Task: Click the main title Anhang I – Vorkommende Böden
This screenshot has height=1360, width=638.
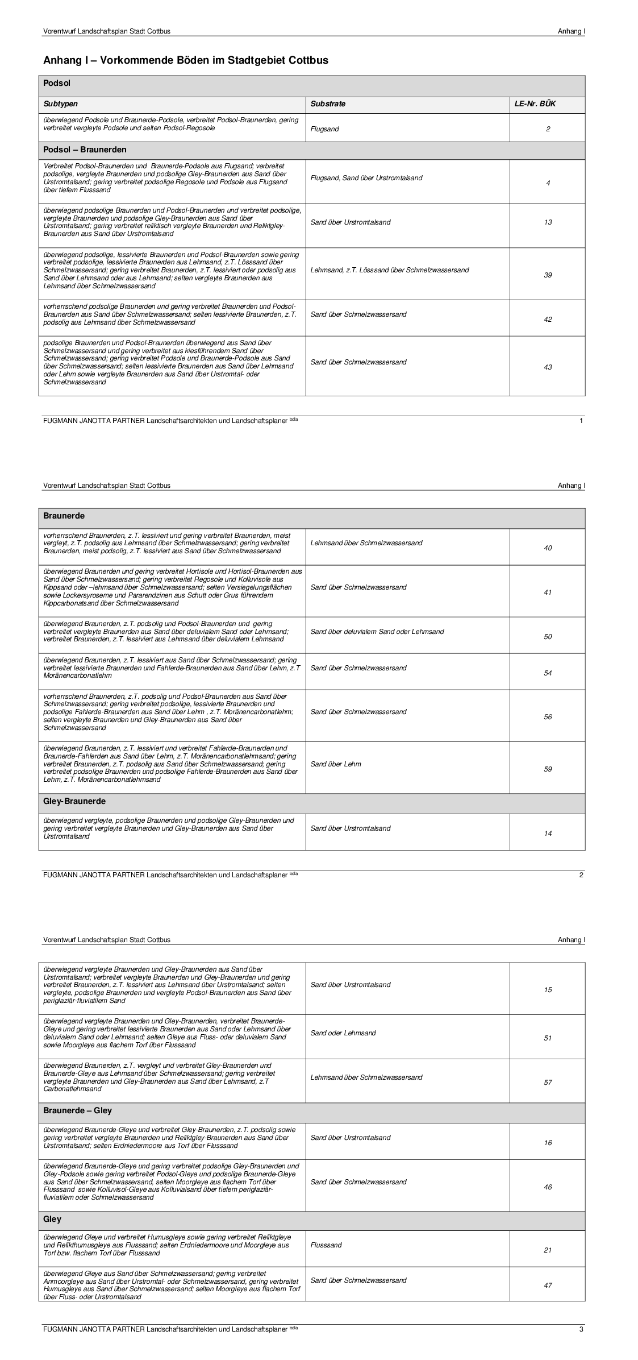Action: pyautogui.click(x=186, y=60)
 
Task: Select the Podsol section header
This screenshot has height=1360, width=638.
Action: pyautogui.click(x=57, y=84)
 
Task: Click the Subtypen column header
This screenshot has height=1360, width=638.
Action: pyautogui.click(x=61, y=104)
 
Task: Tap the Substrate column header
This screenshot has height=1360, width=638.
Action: pyautogui.click(x=328, y=104)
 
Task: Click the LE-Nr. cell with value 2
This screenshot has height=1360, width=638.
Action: pyautogui.click(x=548, y=129)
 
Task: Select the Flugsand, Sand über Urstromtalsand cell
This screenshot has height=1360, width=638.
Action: pyautogui.click(x=366, y=178)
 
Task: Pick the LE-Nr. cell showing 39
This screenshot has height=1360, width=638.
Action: pyautogui.click(x=548, y=275)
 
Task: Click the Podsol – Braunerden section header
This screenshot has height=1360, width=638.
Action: pyautogui.click(x=85, y=150)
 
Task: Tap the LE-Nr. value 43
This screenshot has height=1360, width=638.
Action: pyautogui.click(x=548, y=367)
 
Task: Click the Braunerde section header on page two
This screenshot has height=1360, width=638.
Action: pyautogui.click(x=64, y=516)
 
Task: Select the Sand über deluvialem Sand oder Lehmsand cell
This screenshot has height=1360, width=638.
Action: pyautogui.click(x=377, y=632)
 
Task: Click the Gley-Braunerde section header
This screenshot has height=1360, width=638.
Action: pyautogui.click(x=74, y=801)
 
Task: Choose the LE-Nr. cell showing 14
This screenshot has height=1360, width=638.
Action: pyautogui.click(x=548, y=834)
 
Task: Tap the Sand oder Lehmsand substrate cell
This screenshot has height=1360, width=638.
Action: pyautogui.click(x=343, y=1033)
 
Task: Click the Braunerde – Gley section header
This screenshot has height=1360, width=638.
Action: pyautogui.click(x=78, y=1110)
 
